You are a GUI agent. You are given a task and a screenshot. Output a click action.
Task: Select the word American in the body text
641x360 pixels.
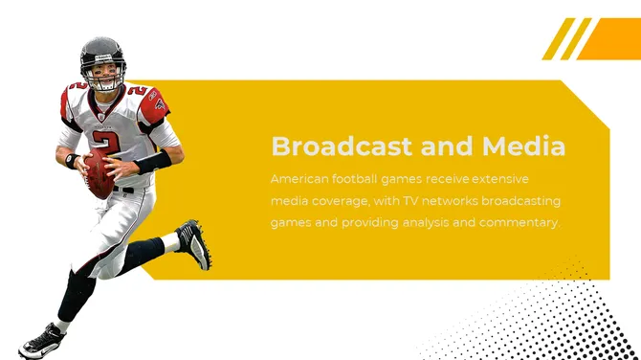[x=299, y=179]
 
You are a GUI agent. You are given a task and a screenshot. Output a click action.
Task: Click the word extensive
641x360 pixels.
[x=500, y=179]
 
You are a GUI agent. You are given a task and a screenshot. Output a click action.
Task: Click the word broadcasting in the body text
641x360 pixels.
[x=521, y=201]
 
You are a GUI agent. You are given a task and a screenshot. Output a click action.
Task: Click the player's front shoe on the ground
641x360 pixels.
[x=42, y=342]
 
